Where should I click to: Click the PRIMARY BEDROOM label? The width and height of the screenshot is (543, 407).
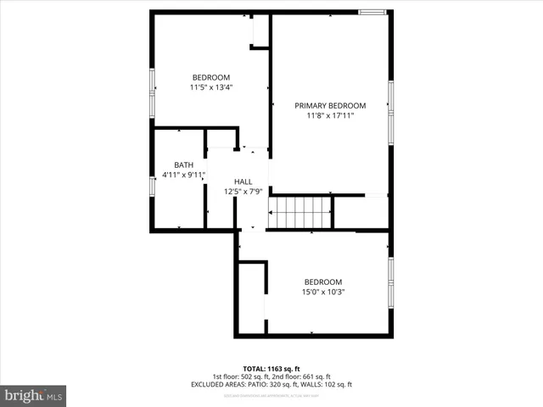[x=330, y=106]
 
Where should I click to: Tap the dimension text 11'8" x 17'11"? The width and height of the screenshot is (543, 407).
[x=330, y=116]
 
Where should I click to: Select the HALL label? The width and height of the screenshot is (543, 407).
[x=244, y=181]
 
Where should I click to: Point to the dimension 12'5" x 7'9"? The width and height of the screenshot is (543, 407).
[x=243, y=192]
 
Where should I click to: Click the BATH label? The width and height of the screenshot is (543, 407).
[x=183, y=165]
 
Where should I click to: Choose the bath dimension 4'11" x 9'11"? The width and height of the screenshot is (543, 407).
[x=183, y=176]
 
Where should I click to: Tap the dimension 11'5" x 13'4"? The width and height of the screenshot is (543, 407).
[x=210, y=86]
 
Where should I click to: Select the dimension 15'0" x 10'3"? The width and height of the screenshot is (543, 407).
[x=323, y=293]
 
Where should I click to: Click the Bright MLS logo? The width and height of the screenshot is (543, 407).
[x=34, y=395]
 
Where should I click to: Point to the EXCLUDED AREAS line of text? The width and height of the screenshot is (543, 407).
[x=271, y=385]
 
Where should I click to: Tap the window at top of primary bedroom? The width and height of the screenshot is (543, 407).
[x=371, y=12]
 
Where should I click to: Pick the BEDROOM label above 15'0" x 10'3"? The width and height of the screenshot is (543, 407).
[x=323, y=282]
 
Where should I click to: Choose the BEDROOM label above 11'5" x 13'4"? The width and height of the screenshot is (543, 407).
[x=210, y=75]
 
